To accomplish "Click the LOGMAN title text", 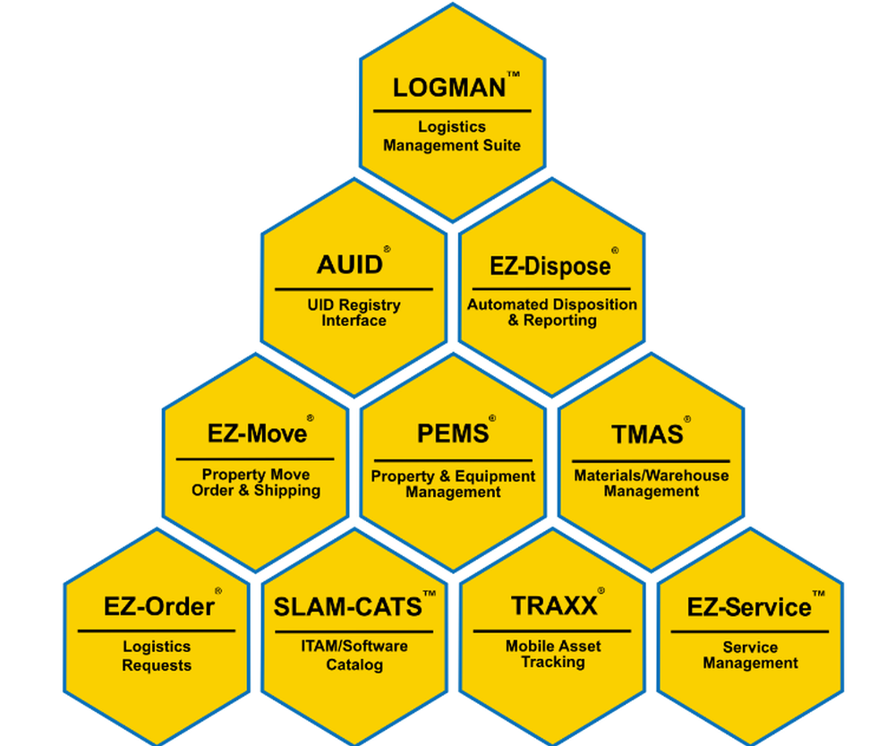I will [x=449, y=88].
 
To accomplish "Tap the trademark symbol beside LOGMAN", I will [x=513, y=74].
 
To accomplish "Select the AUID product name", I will [x=350, y=265].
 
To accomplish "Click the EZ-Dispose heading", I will [x=550, y=266].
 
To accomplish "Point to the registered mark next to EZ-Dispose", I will [x=615, y=252].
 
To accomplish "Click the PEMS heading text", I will [x=453, y=433].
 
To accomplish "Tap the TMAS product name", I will [x=647, y=434].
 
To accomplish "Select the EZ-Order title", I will [x=159, y=607].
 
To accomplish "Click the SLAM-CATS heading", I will [x=347, y=607].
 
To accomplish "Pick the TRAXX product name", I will [x=554, y=606].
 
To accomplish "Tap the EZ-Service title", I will [x=749, y=608].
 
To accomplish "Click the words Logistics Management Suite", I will [x=452, y=136].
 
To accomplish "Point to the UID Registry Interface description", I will [x=354, y=313].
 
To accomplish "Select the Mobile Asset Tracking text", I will [x=553, y=654].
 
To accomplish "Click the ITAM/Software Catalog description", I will [x=354, y=655].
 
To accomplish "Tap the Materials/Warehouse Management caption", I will [x=651, y=483].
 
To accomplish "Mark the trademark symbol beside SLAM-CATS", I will [x=430, y=594].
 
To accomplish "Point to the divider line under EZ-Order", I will [x=157, y=630].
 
